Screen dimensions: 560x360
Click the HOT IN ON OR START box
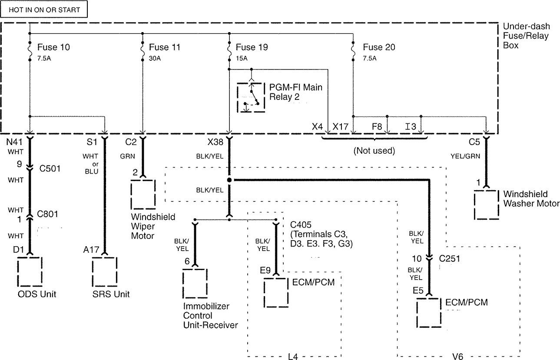(44, 9)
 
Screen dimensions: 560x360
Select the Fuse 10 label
(53, 47)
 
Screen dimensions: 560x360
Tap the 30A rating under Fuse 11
(155, 59)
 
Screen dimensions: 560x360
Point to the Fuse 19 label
(252, 47)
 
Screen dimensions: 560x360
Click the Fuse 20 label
(379, 47)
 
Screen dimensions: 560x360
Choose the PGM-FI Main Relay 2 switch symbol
(251, 97)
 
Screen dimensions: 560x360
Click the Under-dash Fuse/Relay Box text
(526, 36)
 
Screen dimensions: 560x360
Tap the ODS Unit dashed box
(30, 272)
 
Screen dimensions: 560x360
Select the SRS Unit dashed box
(105, 272)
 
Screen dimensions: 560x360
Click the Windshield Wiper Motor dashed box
(143, 195)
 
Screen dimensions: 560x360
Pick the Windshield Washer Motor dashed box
(486, 205)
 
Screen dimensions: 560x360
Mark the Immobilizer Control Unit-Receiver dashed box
(195, 284)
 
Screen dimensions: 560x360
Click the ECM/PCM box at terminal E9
(276, 293)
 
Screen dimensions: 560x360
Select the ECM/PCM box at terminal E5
(429, 313)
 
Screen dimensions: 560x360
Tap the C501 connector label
(50, 168)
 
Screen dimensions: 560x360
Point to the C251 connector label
(450, 258)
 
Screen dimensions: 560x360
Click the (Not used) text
(374, 151)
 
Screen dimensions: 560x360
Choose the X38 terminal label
(215, 142)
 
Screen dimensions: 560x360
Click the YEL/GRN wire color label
(465, 156)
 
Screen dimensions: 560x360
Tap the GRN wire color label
(127, 156)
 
